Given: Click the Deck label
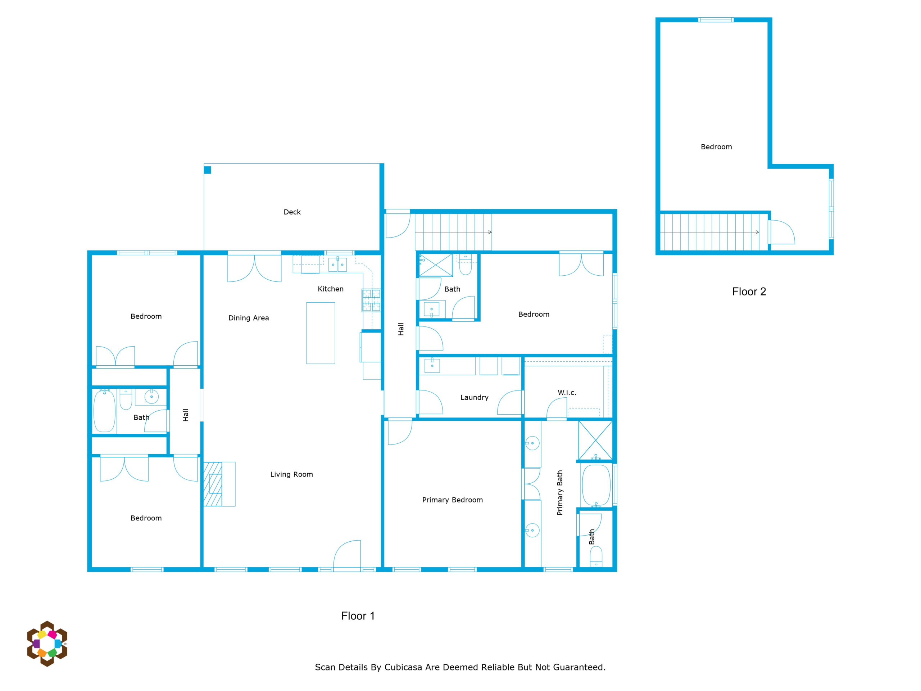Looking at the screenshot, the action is tap(292, 212).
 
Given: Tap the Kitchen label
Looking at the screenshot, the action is tap(331, 289).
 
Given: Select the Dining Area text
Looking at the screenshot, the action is tap(249, 318).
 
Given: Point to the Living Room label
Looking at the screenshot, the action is tap(291, 474).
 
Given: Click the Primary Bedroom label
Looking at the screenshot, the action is tap(453, 500).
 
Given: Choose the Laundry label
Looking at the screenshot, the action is tap(474, 397).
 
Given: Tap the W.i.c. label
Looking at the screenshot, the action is tap(567, 392).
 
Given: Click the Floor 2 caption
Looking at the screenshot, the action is tap(749, 292).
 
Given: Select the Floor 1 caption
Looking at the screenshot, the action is tap(358, 616).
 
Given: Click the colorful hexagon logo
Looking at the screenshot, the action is tap(47, 643).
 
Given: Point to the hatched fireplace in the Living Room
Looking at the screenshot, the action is tap(213, 484).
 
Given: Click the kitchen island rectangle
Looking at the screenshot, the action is tap(321, 333).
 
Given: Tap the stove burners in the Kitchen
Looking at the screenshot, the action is tap(371, 300).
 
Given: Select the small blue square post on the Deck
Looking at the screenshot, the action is tap(207, 170).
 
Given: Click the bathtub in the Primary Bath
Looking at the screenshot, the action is tap(596, 485).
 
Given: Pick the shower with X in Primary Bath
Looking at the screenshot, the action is tap(595, 440).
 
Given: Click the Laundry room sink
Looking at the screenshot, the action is tap(432, 365).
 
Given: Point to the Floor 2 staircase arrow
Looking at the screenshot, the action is tap(709, 232).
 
